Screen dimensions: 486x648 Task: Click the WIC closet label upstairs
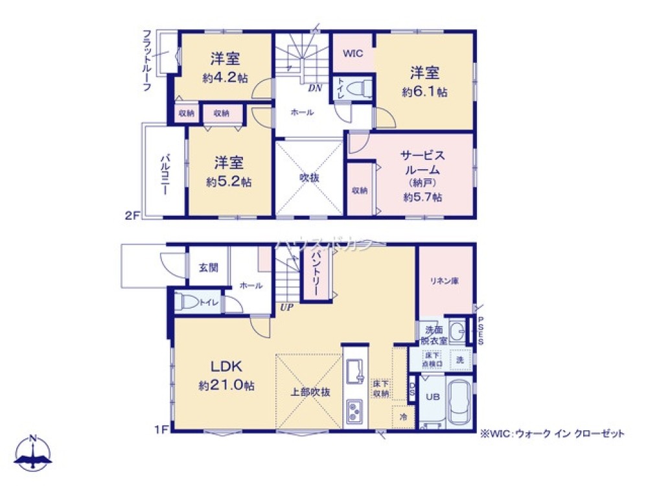coord(353,53)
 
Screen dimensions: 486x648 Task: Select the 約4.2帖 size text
coord(224,78)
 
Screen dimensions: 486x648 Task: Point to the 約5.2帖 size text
coord(229,183)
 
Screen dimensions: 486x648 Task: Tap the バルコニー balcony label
coord(165,174)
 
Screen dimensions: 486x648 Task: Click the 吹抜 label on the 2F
coord(308,176)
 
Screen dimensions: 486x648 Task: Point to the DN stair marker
coord(315,87)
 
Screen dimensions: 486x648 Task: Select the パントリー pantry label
coord(317,273)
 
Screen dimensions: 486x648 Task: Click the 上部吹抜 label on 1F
coord(308,391)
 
